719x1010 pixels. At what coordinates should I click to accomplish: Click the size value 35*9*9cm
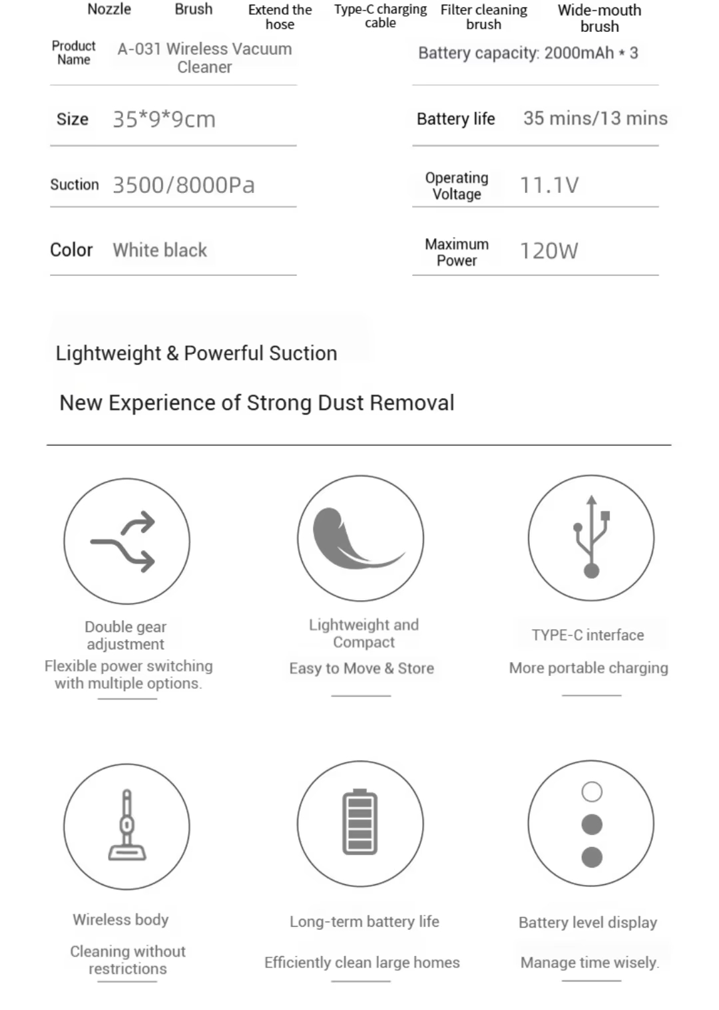[x=164, y=120]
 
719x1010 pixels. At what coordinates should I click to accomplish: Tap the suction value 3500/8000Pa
[x=184, y=185]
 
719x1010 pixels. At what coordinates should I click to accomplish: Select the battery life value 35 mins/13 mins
[x=595, y=118]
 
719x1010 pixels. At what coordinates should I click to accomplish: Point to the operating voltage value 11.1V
[x=549, y=185]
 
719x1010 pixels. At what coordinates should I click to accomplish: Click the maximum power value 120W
[x=549, y=251]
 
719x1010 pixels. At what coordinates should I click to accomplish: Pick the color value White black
[x=160, y=250]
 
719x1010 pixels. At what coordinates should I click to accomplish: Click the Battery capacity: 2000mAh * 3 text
[x=528, y=53]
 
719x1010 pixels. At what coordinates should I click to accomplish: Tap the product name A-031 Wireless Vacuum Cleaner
[x=204, y=58]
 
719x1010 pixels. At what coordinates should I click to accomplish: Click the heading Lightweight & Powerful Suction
[x=196, y=353]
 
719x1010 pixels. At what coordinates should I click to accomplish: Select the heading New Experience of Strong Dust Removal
[x=257, y=403]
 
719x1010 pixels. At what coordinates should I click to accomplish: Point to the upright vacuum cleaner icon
[x=126, y=826]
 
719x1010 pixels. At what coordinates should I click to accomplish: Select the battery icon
[x=360, y=822]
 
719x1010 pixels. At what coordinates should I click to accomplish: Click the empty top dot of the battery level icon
[x=592, y=792]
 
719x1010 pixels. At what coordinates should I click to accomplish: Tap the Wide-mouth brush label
[x=599, y=18]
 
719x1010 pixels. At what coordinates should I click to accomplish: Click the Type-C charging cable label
[x=380, y=16]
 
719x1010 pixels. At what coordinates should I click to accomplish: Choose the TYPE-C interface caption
[x=588, y=635]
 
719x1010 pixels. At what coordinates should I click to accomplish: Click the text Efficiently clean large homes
[x=362, y=963]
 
